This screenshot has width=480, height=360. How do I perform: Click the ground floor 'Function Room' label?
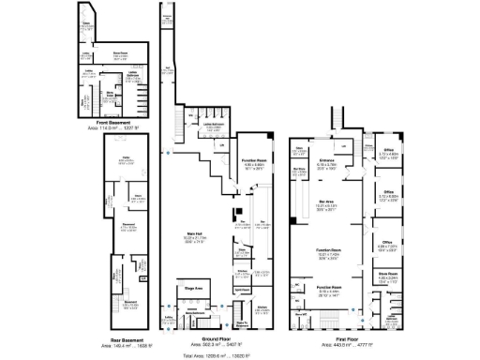[254, 161]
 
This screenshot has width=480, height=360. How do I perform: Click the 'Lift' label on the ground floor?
[222, 145]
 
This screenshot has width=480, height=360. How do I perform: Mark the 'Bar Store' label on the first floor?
[300, 170]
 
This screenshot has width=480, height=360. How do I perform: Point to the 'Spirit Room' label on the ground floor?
[242, 292]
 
